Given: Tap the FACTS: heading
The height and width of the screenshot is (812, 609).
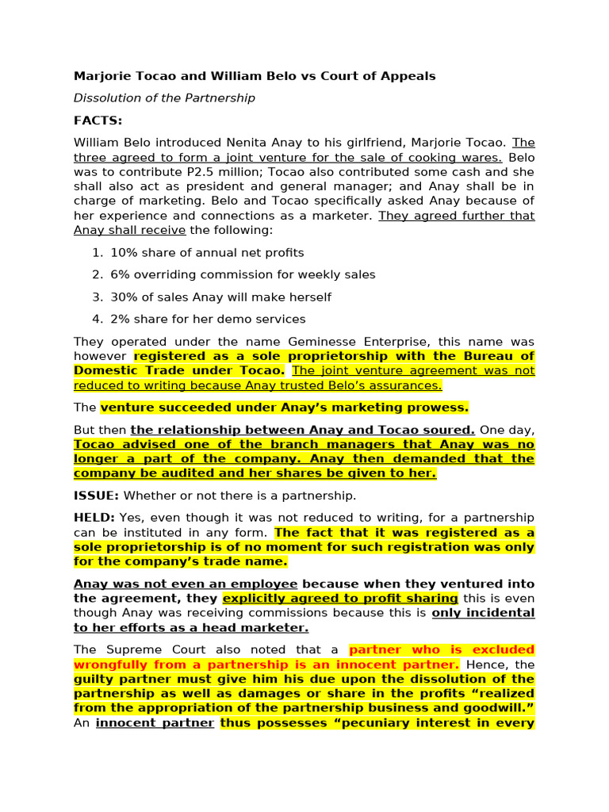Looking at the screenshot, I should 98,121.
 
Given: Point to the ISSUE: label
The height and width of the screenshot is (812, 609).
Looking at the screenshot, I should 96,496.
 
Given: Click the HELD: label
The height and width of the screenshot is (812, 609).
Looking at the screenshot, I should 94,518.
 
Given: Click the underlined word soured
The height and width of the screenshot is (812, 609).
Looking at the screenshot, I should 451,430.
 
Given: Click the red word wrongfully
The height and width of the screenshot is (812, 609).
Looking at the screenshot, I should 110,665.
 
